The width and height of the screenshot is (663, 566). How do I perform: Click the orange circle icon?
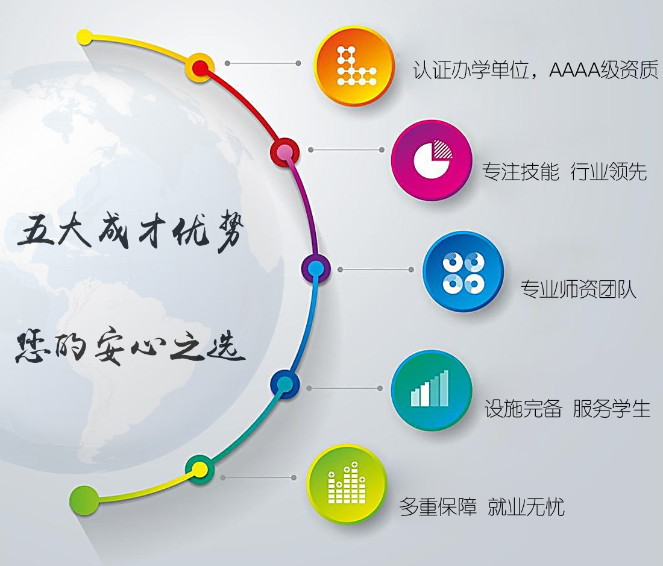click(x=354, y=66)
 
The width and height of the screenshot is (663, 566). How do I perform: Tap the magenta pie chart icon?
click(x=432, y=160)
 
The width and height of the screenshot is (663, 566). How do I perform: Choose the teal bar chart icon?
click(x=432, y=390)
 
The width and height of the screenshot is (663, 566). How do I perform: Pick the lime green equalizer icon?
click(x=347, y=484)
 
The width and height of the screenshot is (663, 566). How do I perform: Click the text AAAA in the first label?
click(x=574, y=70)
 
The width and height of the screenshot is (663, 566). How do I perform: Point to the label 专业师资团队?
click(x=579, y=289)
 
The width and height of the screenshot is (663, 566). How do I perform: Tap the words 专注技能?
click(x=521, y=171)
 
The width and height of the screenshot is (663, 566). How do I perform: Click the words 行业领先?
click(x=609, y=171)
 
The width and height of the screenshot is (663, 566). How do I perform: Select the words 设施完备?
click(x=523, y=409)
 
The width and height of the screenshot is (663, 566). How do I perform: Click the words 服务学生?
click(x=611, y=409)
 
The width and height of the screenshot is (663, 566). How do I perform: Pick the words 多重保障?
click(x=438, y=506)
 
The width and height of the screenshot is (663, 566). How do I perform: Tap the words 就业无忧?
click(x=526, y=506)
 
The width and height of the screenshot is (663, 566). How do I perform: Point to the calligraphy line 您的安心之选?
click(x=130, y=346)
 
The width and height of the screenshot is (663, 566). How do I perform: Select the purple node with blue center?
click(x=315, y=268)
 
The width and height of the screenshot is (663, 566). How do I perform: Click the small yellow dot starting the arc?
click(x=84, y=37)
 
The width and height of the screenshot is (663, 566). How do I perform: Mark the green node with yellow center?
click(x=200, y=469)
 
